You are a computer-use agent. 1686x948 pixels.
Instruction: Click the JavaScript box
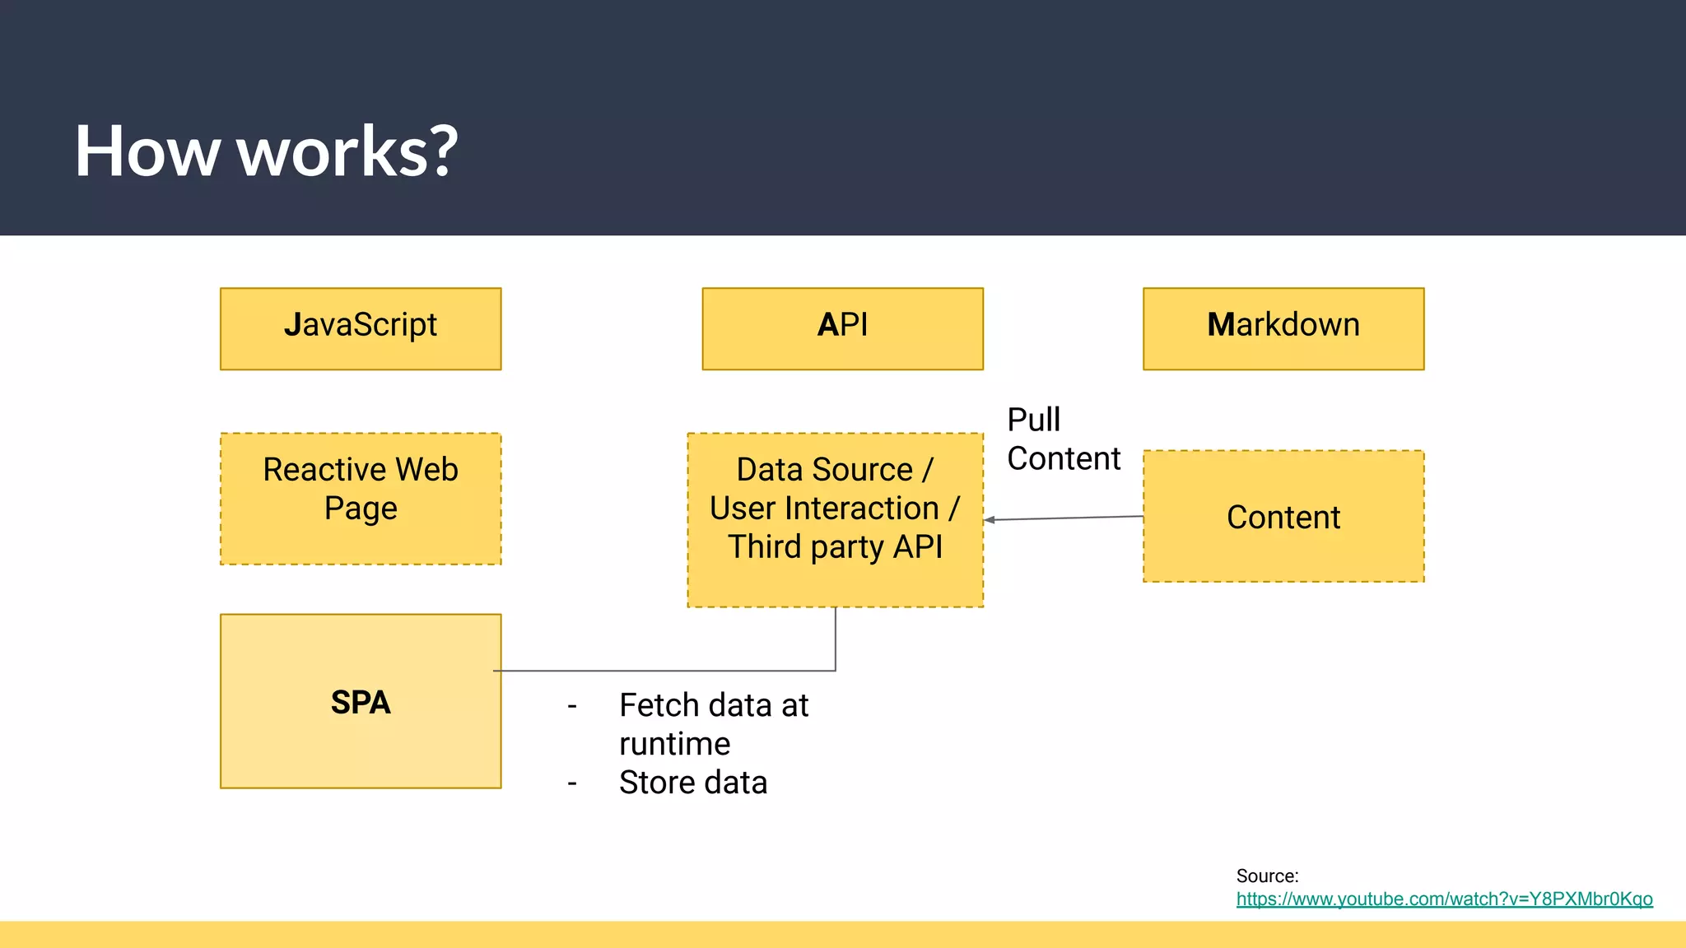361,328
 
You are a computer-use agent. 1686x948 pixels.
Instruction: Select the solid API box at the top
842,328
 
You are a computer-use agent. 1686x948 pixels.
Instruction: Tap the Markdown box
1283,328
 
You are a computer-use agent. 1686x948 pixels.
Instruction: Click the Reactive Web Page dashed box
361,499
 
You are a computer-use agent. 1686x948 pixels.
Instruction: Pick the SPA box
361,701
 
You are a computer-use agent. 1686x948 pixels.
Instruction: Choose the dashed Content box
1283,517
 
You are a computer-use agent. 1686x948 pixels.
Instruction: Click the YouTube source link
1444,899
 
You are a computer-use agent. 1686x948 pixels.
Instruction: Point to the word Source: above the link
1267,876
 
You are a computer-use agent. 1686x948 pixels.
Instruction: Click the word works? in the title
347,151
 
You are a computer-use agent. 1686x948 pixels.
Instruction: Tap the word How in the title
147,151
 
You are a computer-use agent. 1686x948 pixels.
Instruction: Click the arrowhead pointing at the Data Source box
989,520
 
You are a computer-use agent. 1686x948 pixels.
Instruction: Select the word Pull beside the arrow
1033,420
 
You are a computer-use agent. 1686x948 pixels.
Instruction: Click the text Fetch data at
714,705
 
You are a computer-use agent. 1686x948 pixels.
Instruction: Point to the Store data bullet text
692,783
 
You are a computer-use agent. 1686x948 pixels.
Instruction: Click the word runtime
674,744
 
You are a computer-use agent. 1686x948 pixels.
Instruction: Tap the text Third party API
835,546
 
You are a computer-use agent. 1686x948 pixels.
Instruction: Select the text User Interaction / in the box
835,508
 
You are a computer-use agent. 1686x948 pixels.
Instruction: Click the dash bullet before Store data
572,783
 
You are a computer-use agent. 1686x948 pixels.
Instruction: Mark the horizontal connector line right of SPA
659,671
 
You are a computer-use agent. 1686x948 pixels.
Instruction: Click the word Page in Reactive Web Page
361,509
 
